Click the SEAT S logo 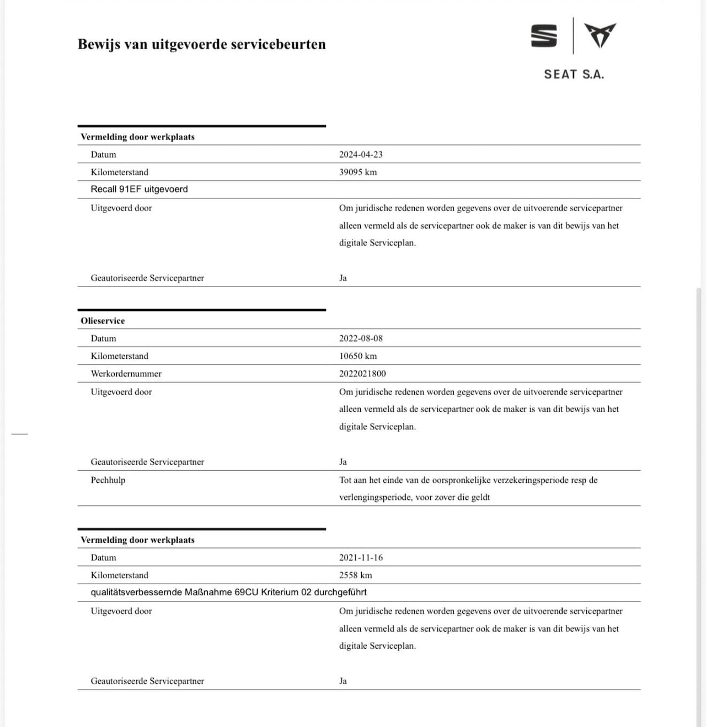point(544,36)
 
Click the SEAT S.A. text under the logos point(574,74)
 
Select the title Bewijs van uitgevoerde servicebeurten point(201,44)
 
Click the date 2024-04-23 point(361,154)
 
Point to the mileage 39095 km point(358,172)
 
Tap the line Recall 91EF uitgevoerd point(139,189)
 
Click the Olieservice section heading point(103,321)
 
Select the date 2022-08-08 point(361,338)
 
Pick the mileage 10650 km point(358,356)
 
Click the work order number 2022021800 point(362,374)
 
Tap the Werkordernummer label point(126,374)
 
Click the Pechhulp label point(108,480)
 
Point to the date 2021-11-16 point(361,557)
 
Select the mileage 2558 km point(355,575)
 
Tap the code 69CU point(247,592)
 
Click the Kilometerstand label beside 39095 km point(119,172)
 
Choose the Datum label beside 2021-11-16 point(103,557)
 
